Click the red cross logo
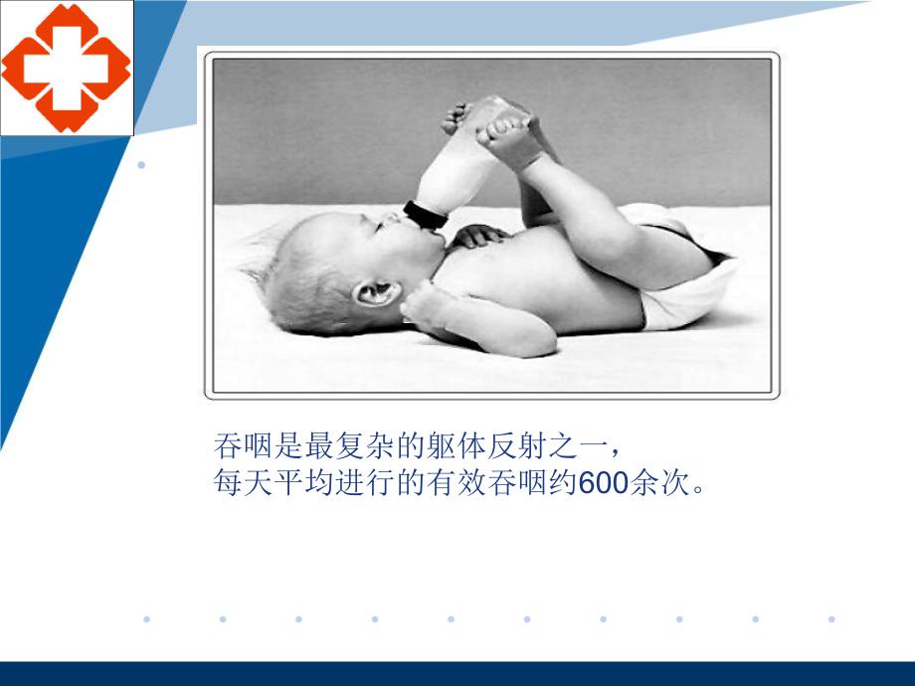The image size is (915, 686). click(66, 68)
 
